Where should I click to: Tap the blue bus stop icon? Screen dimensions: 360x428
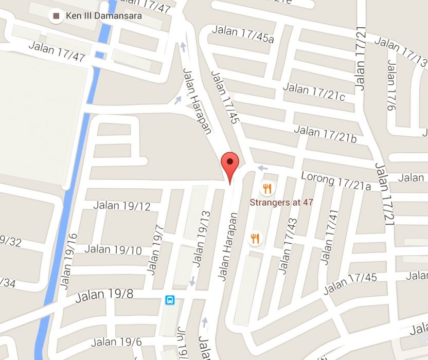[x=170, y=300]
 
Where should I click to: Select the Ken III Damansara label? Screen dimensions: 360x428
[x=103, y=16]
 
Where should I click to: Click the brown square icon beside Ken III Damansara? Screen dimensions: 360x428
[x=56, y=16]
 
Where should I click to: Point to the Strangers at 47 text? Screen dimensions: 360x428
[x=281, y=202]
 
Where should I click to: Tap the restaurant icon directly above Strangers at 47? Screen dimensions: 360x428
[x=266, y=188]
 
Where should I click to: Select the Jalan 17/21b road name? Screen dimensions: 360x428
[x=325, y=135]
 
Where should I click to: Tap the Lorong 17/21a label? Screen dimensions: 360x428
[x=335, y=182]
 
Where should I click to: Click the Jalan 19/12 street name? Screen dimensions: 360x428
[x=122, y=206]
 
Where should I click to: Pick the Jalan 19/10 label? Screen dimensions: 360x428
[x=113, y=250]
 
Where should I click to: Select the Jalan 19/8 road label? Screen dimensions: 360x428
[x=104, y=296]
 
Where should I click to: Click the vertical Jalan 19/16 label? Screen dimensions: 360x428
[x=68, y=260]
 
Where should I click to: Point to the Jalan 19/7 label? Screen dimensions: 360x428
[x=155, y=249]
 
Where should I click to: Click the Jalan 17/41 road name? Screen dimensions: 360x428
[x=327, y=237]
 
